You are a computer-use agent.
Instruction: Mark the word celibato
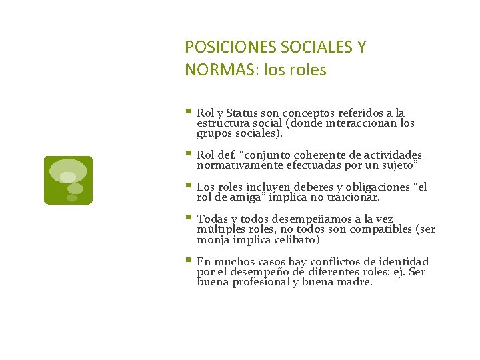click(298, 240)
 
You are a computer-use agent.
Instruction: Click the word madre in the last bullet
click(355, 282)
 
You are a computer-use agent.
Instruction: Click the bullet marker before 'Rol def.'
click(189, 154)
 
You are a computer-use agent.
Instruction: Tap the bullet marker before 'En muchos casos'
click(189, 260)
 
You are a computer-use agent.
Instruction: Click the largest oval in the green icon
click(69, 170)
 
